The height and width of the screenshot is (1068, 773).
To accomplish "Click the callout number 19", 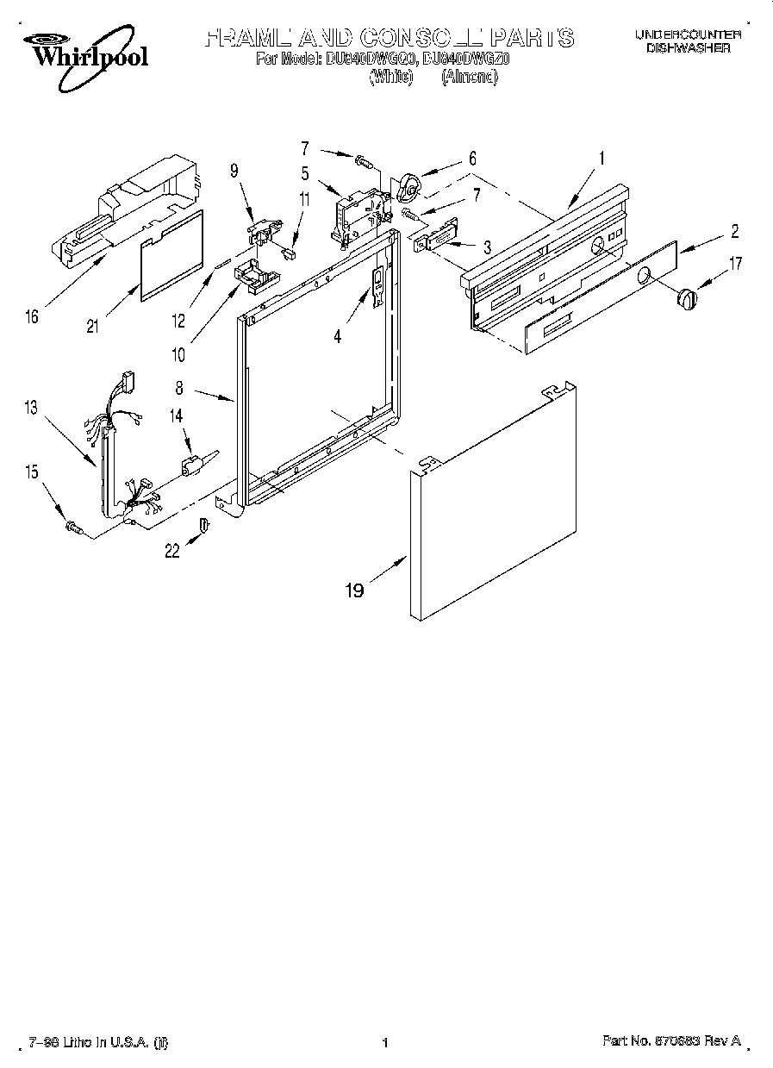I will point(354,590).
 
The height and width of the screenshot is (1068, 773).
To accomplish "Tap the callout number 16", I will point(31,317).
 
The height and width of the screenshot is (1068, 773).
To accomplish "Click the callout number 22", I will point(172,551).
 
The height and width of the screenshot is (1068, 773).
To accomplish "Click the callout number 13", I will point(31,407).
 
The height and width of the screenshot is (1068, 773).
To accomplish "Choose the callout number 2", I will point(734,231).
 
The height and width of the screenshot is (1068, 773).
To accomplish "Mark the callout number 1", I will point(602,158).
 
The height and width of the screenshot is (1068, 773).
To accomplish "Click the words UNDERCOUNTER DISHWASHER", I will point(688,41).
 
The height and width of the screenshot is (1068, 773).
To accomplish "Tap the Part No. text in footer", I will point(670,1041).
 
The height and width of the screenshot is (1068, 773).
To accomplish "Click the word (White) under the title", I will point(391,77).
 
